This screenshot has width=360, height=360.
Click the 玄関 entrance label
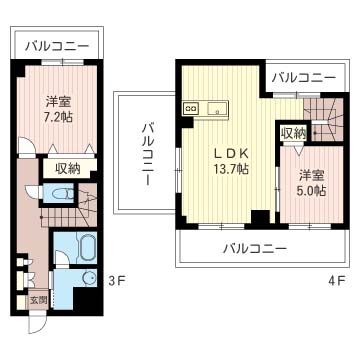coord(37,299)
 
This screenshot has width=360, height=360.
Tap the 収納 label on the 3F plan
coord(67,169)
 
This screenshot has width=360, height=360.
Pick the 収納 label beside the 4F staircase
coord(293,133)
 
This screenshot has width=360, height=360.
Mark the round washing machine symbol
coord(90,280)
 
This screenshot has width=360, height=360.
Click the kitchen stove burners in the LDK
coord(191,107)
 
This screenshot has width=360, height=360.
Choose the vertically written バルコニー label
coord(146,154)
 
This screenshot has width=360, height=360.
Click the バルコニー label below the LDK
coord(255,247)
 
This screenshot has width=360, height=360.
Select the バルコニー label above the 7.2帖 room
coord(57,46)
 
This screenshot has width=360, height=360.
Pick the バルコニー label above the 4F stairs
coord(303,76)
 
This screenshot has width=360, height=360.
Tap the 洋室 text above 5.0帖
coord(308,172)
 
